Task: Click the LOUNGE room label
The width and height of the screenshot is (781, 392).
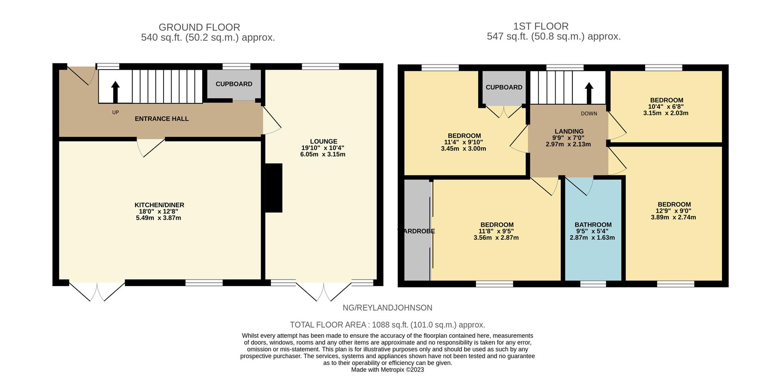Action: click(324, 142)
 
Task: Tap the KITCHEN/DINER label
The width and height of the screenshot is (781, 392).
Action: click(159, 205)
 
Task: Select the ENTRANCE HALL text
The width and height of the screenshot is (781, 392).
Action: click(162, 119)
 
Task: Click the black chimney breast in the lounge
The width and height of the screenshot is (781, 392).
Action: click(274, 188)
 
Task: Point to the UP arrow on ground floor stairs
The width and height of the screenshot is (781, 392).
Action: click(115, 92)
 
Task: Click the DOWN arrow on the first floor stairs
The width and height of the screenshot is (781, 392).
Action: click(589, 93)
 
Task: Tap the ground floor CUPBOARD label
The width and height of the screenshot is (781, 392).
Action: click(234, 84)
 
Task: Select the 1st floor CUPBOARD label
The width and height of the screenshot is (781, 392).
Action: click(504, 87)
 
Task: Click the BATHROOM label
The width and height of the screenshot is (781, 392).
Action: click(593, 225)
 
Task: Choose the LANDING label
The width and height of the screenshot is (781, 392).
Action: click(569, 131)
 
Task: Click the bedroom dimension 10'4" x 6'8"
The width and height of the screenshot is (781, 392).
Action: click(666, 107)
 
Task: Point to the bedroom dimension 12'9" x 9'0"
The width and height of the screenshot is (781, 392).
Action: click(673, 211)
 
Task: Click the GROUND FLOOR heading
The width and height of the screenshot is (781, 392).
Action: click(199, 27)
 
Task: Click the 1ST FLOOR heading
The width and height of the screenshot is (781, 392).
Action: click(541, 26)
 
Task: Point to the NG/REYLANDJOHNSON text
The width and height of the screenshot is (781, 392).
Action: click(387, 308)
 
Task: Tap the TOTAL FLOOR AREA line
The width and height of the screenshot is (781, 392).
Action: click(387, 325)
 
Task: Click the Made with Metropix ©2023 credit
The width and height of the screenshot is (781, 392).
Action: click(387, 370)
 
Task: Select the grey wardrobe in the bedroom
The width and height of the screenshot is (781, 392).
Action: click(417, 230)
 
